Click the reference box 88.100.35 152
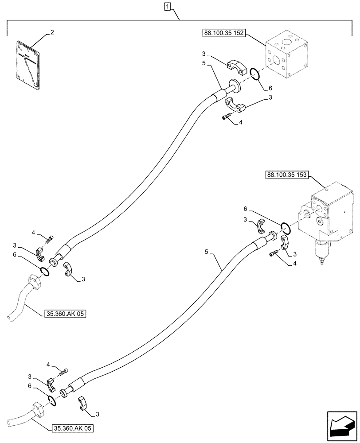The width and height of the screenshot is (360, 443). pos(224,33)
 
